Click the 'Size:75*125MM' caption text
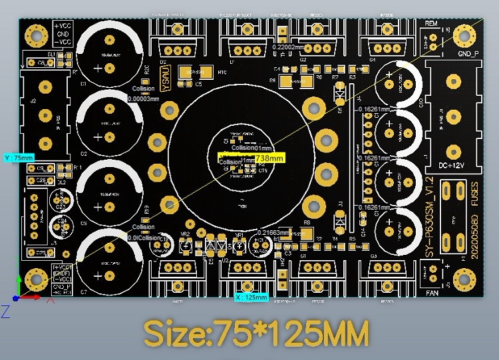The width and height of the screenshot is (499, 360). click(x=256, y=333)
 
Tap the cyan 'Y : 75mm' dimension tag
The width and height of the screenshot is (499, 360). click(x=19, y=158)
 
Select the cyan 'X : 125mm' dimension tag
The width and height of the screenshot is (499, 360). click(x=251, y=297)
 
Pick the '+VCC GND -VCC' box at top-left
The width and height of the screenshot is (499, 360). click(x=61, y=33)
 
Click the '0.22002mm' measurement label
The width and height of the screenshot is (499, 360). click(x=288, y=47)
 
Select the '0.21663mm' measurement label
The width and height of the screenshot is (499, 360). click(x=274, y=233)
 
